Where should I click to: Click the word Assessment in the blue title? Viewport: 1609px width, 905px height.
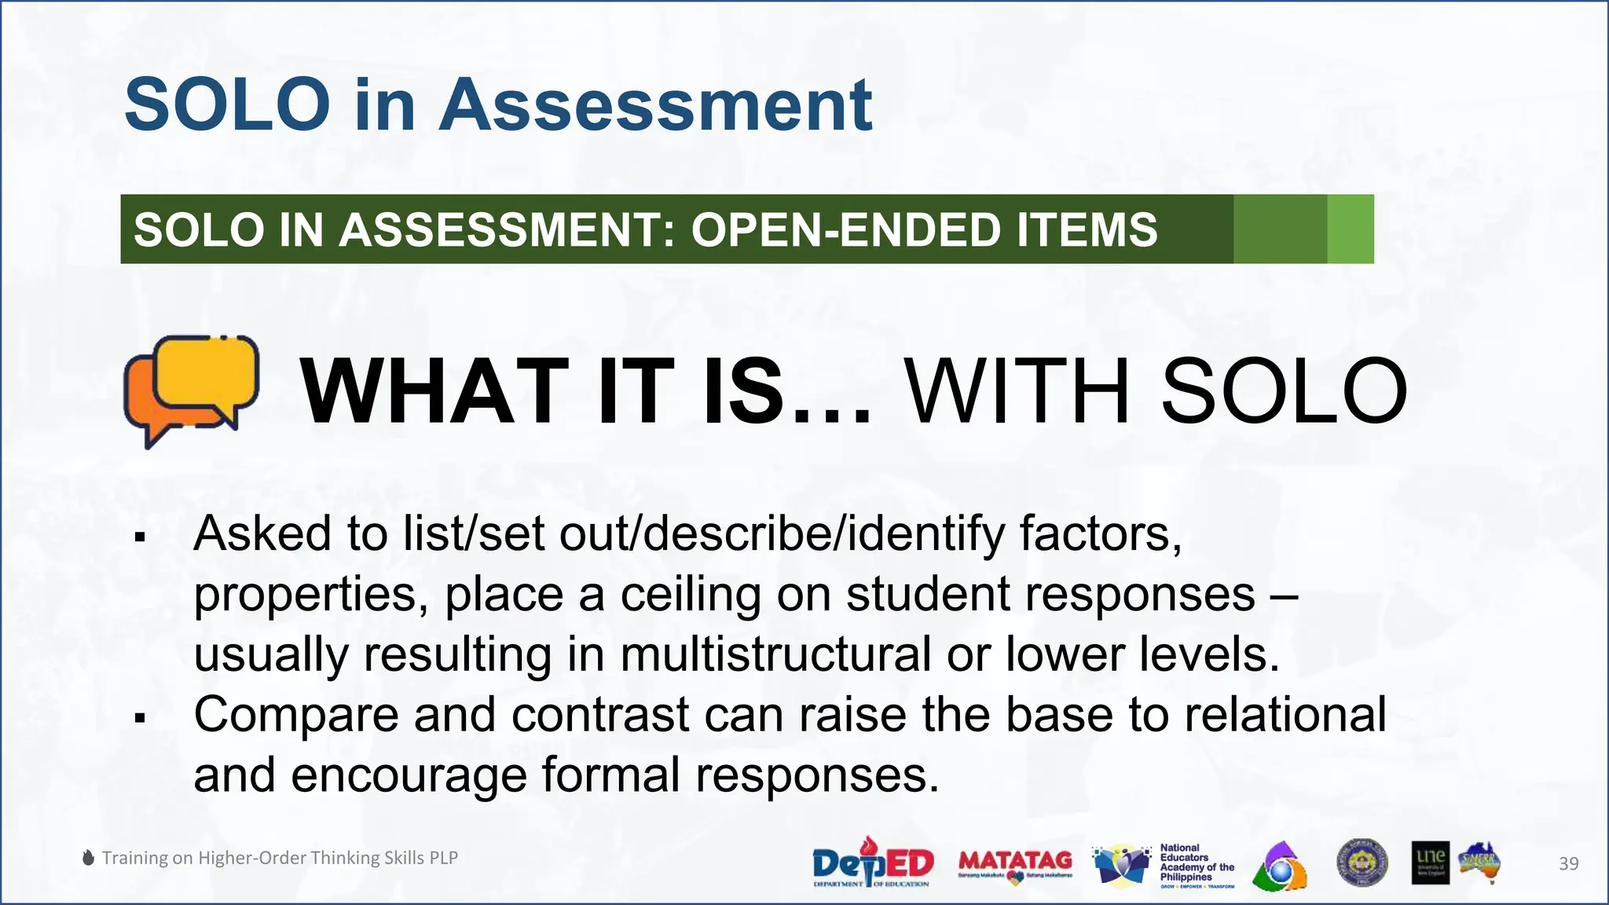pos(655,105)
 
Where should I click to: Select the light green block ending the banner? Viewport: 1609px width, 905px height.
pos(1350,229)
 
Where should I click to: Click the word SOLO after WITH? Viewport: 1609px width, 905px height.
pos(1284,391)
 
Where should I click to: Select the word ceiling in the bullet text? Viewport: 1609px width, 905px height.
pos(691,594)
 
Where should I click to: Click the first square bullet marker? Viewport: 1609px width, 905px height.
pos(141,538)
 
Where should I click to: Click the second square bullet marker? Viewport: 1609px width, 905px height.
pos(141,718)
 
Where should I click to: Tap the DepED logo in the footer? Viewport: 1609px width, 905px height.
pos(872,863)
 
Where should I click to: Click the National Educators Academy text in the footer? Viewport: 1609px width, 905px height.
pos(1197,863)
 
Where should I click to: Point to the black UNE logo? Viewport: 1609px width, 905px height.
pos(1430,863)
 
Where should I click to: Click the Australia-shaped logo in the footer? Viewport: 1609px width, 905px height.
pos(1479,863)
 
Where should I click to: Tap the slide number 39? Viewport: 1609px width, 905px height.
pos(1568,864)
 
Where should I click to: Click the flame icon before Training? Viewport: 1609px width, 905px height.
pos(89,858)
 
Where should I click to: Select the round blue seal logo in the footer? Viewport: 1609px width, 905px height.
pos(1362,863)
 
